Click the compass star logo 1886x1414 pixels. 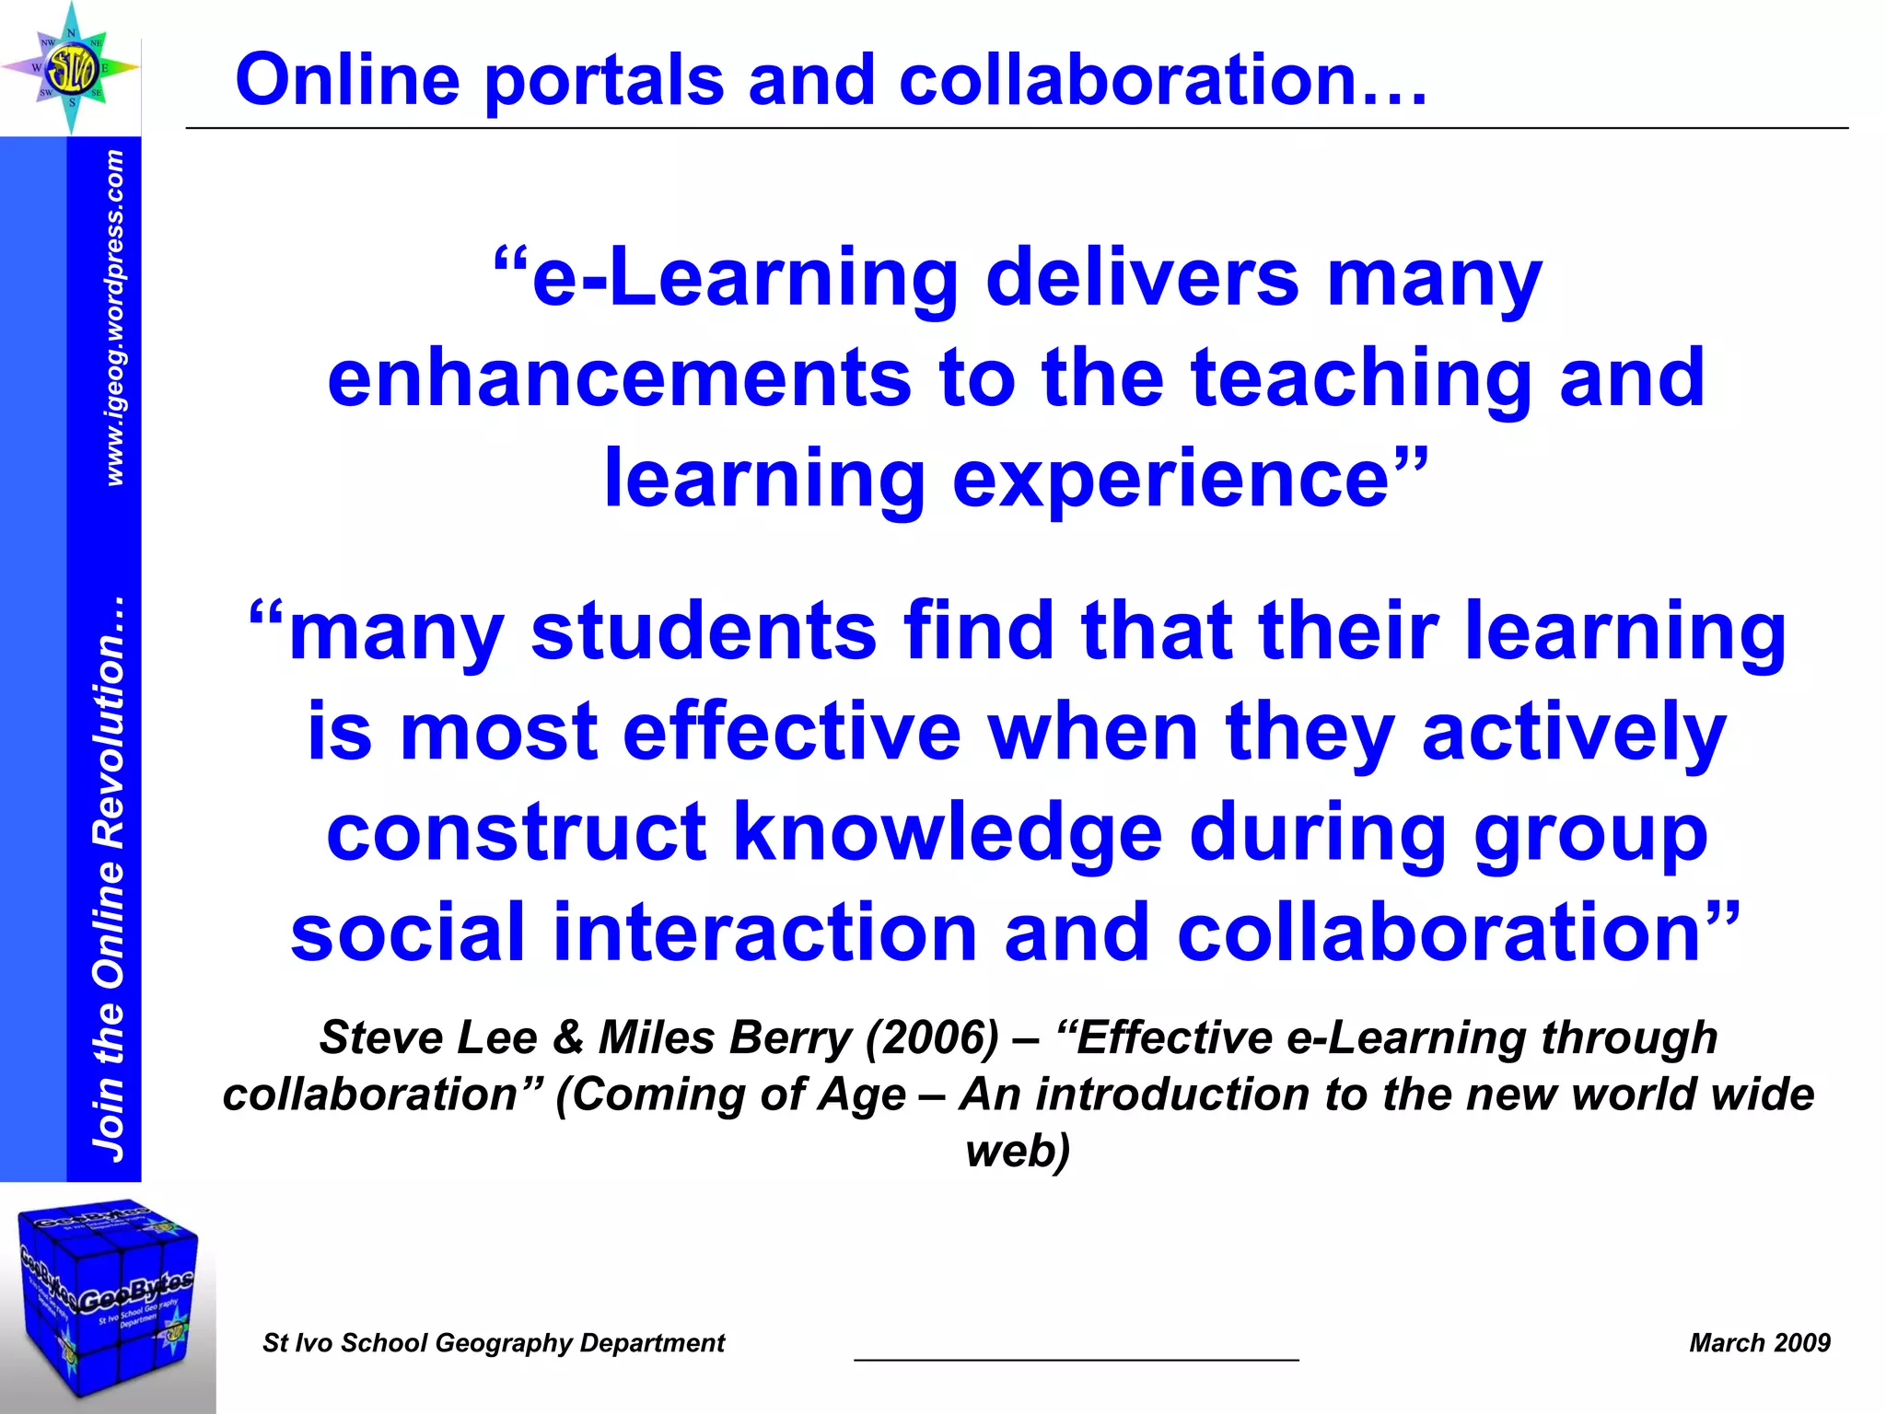pyautogui.click(x=71, y=67)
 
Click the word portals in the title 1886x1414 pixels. pyautogui.click(x=604, y=81)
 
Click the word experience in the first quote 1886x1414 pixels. pyautogui.click(x=1170, y=481)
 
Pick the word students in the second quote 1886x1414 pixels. pyautogui.click(x=704, y=632)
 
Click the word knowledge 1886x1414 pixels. pyautogui.click(x=948, y=833)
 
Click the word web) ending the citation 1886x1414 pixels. pyautogui.click(x=1018, y=1152)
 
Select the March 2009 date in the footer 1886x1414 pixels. pyautogui.click(x=1759, y=1343)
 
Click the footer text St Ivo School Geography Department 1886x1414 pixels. pyautogui.click(x=494, y=1343)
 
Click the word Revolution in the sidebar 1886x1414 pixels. pyautogui.click(x=109, y=723)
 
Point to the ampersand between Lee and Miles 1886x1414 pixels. pyautogui.click(x=568, y=1038)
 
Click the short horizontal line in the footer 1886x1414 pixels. pyautogui.click(x=1076, y=1359)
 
